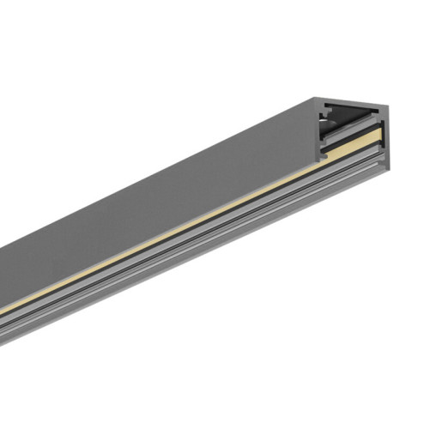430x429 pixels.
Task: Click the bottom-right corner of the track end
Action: click(x=385, y=167)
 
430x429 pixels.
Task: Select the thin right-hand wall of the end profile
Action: click(x=384, y=137)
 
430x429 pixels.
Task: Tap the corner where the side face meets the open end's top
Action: click(x=315, y=100)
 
